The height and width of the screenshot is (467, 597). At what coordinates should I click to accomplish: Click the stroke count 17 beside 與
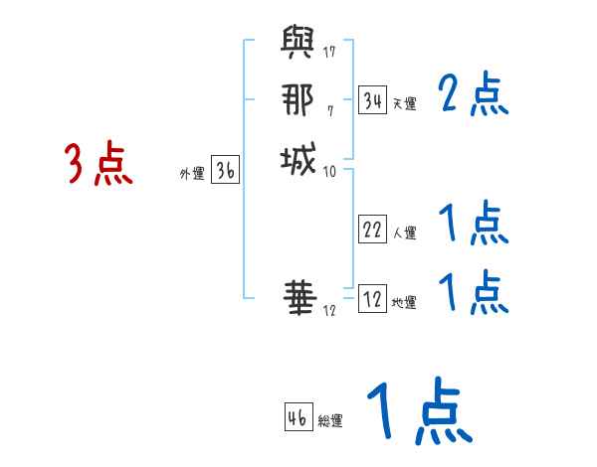(329, 51)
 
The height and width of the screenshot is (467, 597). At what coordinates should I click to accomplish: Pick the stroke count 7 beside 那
(329, 108)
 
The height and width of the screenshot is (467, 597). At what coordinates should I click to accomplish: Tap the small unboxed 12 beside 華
(329, 310)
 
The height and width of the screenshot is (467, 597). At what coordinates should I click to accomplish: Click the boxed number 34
(372, 100)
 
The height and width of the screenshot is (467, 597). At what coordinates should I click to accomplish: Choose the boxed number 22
(372, 230)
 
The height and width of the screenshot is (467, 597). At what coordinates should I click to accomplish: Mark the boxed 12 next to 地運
(372, 298)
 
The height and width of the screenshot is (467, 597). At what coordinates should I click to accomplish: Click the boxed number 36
(226, 171)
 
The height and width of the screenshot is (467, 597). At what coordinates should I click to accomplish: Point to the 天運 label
(404, 103)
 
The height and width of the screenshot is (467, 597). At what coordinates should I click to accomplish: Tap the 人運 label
(404, 233)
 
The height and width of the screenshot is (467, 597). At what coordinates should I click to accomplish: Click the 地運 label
(404, 302)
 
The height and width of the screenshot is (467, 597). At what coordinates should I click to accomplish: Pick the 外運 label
(192, 174)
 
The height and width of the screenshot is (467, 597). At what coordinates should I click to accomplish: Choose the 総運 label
(330, 419)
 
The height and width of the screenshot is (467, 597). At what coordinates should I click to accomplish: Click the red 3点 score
(99, 163)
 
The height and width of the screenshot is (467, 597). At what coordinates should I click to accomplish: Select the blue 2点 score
(473, 96)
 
